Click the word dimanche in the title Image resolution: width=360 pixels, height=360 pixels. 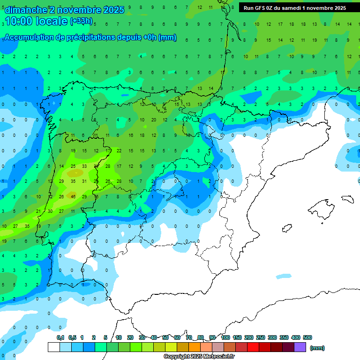(x=26, y=10)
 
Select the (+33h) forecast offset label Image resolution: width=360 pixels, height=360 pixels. (x=81, y=21)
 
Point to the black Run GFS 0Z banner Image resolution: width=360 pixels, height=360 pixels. (x=294, y=8)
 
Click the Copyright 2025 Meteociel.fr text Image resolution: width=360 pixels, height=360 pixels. (x=199, y=356)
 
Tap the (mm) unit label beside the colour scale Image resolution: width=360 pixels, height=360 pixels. (x=317, y=348)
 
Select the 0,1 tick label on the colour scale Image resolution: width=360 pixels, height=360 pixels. (x=60, y=337)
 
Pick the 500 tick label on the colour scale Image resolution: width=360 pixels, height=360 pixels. (x=307, y=337)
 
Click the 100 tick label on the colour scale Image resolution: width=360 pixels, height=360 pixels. (x=225, y=337)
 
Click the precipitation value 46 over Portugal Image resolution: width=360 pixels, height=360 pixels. (x=73, y=196)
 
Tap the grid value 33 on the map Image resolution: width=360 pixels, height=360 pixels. (x=84, y=166)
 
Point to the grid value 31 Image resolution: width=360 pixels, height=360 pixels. (x=84, y=181)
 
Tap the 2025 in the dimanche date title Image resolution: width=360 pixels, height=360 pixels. (x=114, y=10)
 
